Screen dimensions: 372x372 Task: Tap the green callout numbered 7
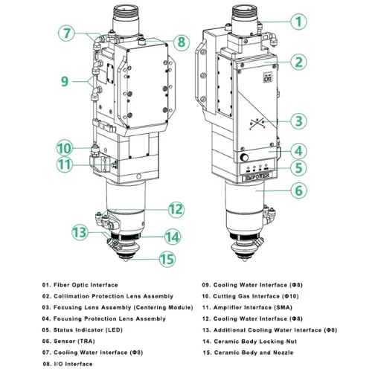[68, 33]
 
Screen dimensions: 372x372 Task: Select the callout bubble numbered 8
[181, 42]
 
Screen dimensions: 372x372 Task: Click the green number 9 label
[65, 80]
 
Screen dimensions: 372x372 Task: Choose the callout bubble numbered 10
[64, 147]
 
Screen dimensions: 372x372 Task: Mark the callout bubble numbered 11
[64, 164]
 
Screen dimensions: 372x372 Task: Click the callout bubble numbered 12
[175, 209]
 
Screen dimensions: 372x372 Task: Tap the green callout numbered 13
[80, 231]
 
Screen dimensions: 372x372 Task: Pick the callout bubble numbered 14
[173, 237]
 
